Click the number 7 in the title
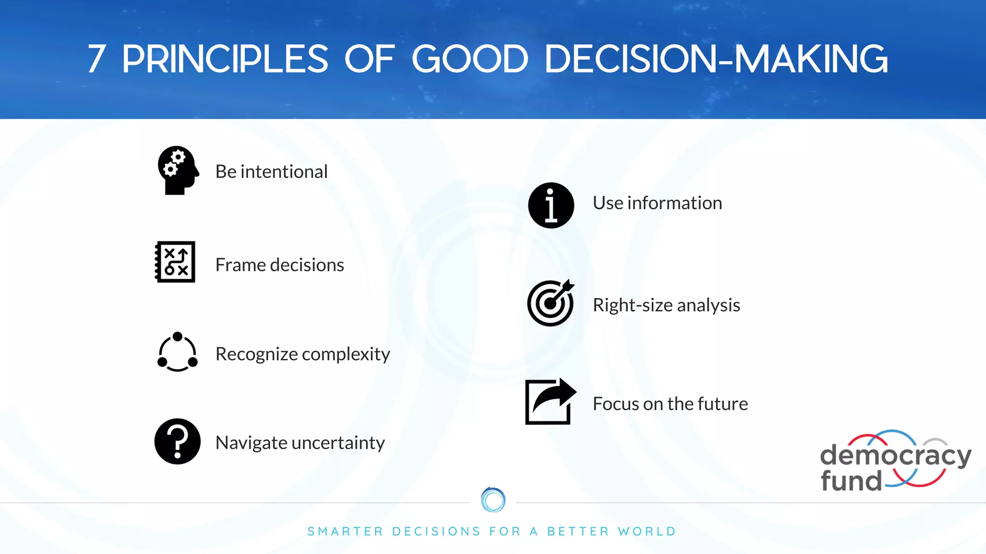coord(97,59)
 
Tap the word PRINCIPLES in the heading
coord(225,59)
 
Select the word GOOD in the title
coord(470,59)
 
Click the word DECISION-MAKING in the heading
coord(716,59)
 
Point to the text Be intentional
coord(271,172)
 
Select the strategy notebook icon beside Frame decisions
coord(175,262)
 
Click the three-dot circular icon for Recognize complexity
coord(177,352)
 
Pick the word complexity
coord(346,354)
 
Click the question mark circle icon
coord(177,441)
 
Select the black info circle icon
coord(551,205)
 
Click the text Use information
coord(657,203)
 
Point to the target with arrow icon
coord(550,303)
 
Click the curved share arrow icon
coord(550,402)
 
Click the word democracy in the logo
coord(895,455)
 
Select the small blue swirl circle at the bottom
coord(493,500)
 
